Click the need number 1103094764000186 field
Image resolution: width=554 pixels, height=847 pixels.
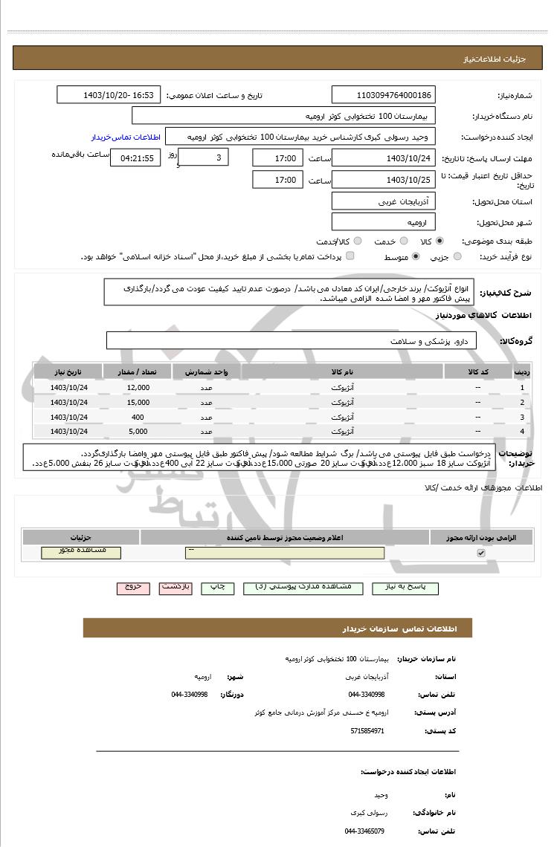[x=383, y=95]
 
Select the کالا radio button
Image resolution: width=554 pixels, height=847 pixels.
[x=439, y=241]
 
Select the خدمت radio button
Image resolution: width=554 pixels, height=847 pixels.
[x=404, y=241]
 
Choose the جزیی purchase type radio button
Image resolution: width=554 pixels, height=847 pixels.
[x=457, y=256]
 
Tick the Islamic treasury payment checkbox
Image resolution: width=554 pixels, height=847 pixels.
[x=350, y=256]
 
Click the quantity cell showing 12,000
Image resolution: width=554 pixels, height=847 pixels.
[x=138, y=388]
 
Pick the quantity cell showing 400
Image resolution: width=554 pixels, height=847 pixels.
[x=138, y=417]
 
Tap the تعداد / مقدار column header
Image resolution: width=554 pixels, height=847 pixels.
[x=138, y=371]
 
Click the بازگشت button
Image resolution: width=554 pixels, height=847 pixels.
[x=176, y=587]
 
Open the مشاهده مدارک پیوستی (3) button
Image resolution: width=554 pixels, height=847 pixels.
[x=303, y=587]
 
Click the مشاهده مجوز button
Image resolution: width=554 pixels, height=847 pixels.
[x=81, y=552]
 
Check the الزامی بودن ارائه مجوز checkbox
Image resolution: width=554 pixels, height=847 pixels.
[x=480, y=553]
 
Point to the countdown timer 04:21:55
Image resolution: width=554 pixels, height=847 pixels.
[x=137, y=158]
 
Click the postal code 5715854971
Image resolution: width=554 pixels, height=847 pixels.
[x=367, y=731]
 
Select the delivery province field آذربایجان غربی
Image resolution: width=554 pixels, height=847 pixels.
[x=383, y=201]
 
